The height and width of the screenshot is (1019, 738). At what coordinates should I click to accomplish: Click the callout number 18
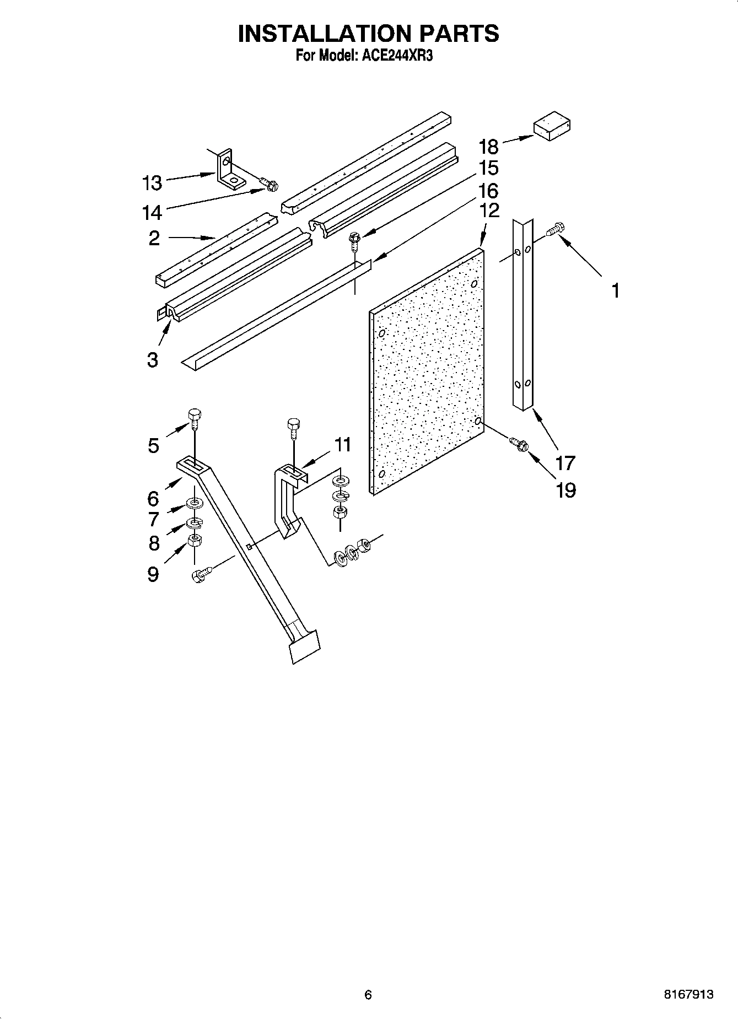pyautogui.click(x=488, y=147)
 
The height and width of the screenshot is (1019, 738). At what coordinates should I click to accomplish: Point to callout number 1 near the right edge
pyautogui.click(x=616, y=290)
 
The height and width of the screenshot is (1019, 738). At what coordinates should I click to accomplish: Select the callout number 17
pyautogui.click(x=565, y=463)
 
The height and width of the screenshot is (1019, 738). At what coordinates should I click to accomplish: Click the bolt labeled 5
pyautogui.click(x=195, y=418)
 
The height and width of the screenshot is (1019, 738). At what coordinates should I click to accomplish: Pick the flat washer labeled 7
pyautogui.click(x=194, y=503)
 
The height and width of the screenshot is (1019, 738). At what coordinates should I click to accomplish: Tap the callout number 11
pyautogui.click(x=343, y=444)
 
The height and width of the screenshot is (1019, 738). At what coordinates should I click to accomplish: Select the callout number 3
pyautogui.click(x=152, y=360)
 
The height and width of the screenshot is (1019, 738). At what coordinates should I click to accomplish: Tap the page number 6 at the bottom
pyautogui.click(x=368, y=994)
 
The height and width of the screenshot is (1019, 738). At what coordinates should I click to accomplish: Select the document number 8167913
pyautogui.click(x=688, y=994)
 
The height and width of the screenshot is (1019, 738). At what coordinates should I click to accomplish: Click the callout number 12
pyautogui.click(x=488, y=210)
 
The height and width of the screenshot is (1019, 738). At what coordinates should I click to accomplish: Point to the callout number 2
pyautogui.click(x=154, y=238)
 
